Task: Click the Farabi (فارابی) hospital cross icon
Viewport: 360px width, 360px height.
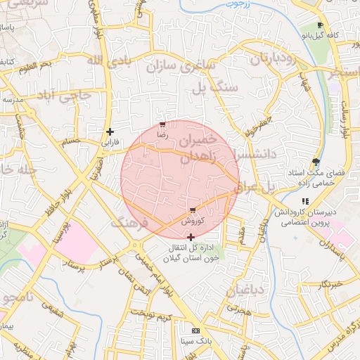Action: point(110,131)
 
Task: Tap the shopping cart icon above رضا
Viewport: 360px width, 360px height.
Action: point(162,124)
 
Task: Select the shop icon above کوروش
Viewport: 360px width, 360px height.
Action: point(193,210)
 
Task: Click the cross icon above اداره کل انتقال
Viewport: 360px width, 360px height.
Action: point(191,237)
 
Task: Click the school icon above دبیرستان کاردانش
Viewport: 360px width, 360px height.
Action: point(304,201)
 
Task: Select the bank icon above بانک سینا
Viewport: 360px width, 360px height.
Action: point(195,331)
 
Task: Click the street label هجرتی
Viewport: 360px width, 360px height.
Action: point(238,309)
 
